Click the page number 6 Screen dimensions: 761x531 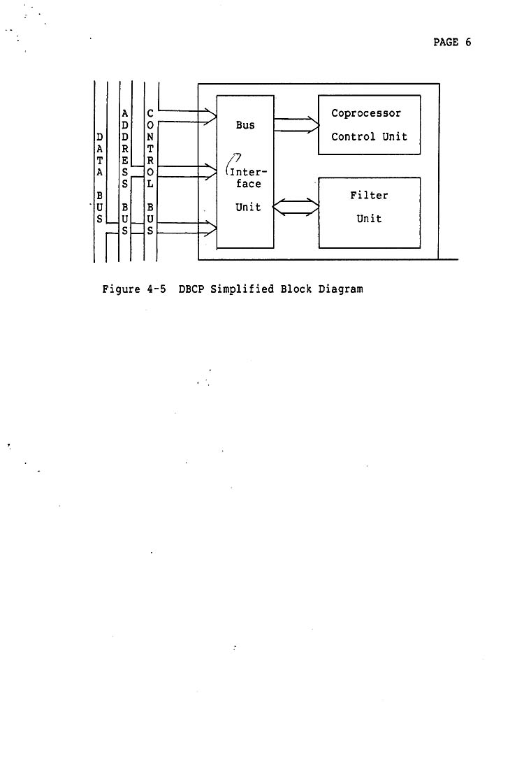pos(468,42)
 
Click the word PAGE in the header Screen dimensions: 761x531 pos(445,42)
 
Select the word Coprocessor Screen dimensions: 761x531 pos(366,113)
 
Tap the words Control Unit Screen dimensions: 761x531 pos(369,136)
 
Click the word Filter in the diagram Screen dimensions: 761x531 pos(369,196)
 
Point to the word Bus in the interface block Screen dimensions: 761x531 pos(245,126)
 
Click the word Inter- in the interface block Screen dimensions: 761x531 pos(248,172)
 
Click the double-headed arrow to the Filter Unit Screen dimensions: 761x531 pos(296,208)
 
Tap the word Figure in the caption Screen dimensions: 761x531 pos(121,289)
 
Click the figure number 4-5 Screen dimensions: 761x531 pos(156,289)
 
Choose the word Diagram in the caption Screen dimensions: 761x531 pos(341,289)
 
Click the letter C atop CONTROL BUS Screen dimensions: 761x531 pos(150,113)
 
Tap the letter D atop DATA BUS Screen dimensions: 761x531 pos(99,136)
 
